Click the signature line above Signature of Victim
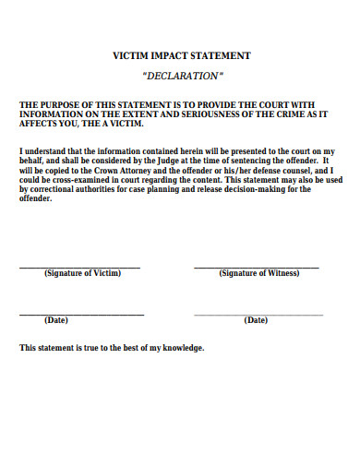pyautogui.click(x=80, y=267)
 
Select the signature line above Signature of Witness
pyautogui.click(x=256, y=267)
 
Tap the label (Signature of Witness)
pyautogui.click(x=256, y=274)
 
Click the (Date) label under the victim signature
pyautogui.click(x=55, y=320)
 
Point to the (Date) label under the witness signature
pyautogui.click(x=256, y=320)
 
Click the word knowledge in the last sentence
pyautogui.click(x=183, y=348)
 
